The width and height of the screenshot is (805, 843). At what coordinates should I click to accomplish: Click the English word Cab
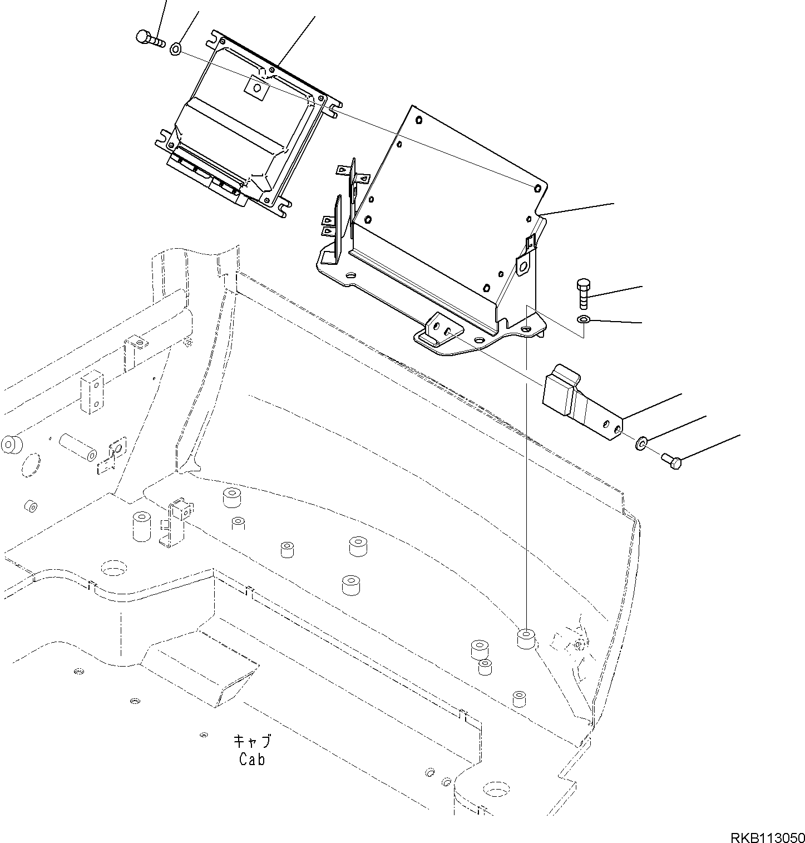252,759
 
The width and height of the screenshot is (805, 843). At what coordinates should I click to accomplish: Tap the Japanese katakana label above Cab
252,742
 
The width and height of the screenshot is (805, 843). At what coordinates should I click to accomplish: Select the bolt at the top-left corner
149,38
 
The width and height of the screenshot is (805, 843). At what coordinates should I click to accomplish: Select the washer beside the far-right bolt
641,443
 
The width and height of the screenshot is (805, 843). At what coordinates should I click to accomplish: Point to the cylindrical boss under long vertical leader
526,639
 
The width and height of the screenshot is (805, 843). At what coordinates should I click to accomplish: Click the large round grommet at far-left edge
11,445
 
